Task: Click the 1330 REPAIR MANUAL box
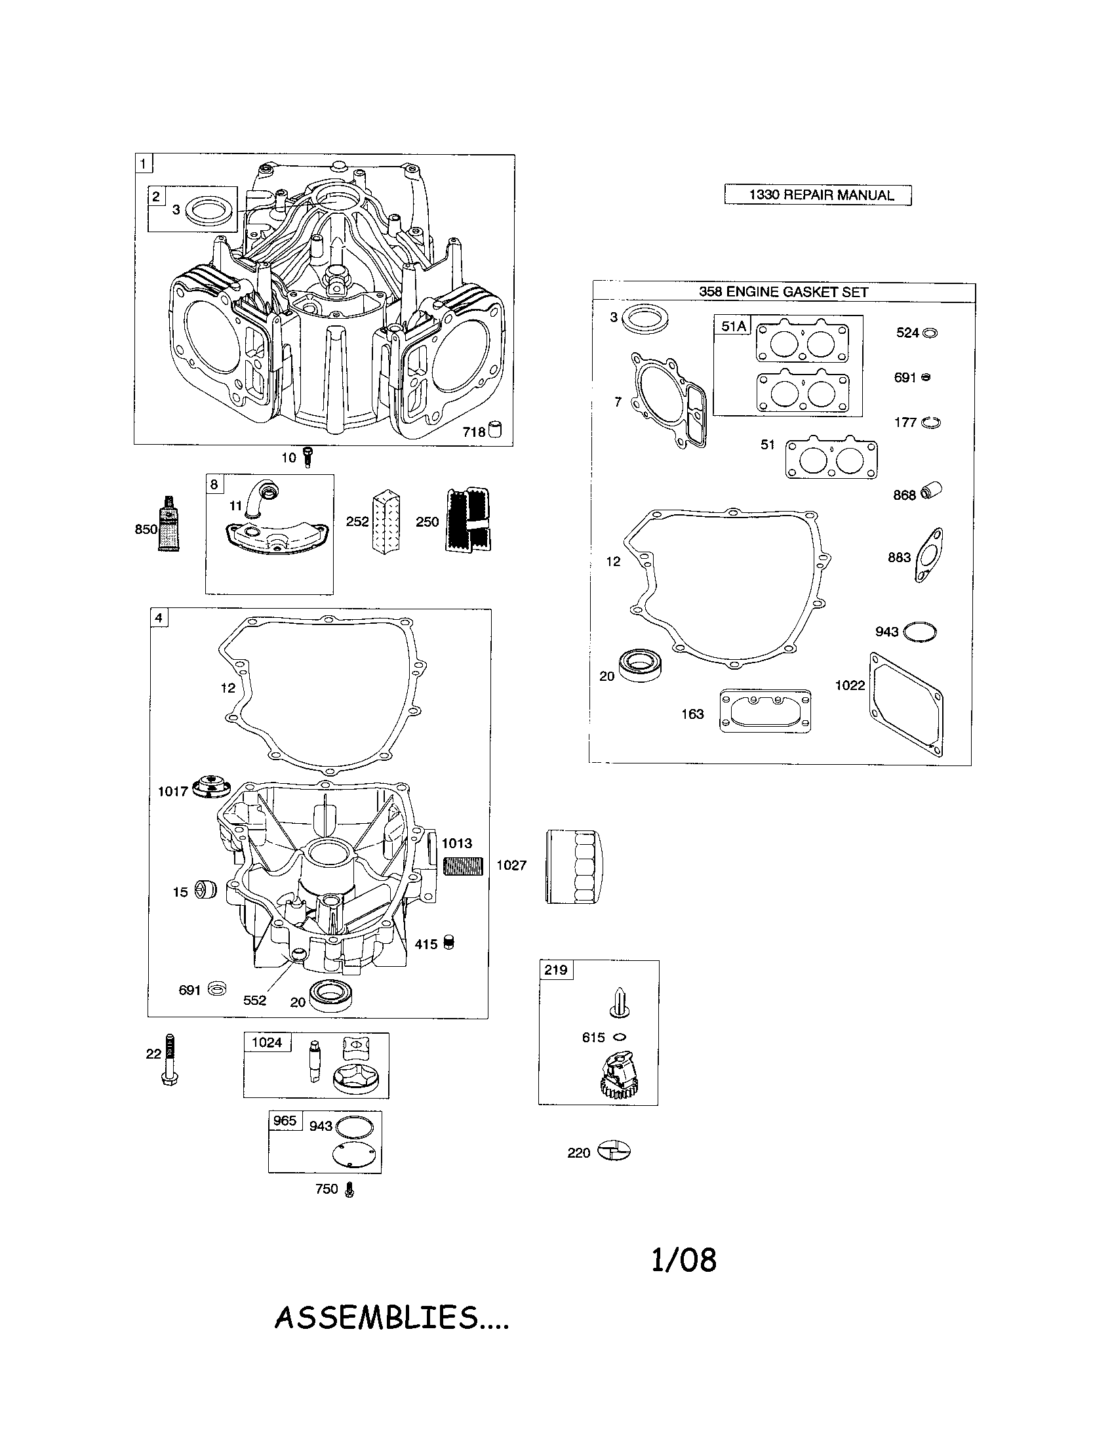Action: click(818, 195)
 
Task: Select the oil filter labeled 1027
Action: click(574, 867)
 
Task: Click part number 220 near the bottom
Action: click(614, 1152)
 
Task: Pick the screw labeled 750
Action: click(349, 1190)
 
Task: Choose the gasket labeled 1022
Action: click(906, 704)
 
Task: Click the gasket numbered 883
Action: click(929, 555)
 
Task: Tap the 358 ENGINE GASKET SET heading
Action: click(783, 292)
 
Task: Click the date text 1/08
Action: click(683, 1260)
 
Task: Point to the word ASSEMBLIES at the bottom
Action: click(376, 1318)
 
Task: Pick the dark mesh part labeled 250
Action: click(468, 521)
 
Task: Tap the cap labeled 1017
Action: click(211, 788)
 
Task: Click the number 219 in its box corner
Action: click(555, 970)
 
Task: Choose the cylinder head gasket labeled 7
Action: click(667, 399)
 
